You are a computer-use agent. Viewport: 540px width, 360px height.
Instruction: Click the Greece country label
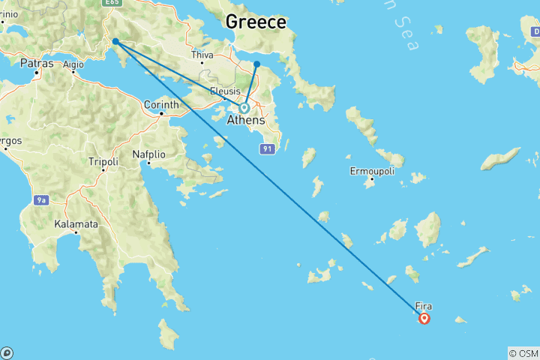(256, 22)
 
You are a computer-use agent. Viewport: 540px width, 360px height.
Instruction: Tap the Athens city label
(246, 121)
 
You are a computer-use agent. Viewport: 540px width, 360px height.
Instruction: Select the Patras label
(36, 64)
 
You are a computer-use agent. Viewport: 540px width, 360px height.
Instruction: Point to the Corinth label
(160, 104)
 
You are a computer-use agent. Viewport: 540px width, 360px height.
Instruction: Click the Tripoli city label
(103, 161)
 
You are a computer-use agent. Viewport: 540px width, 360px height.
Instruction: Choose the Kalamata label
(76, 223)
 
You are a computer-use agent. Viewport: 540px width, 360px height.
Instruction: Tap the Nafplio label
(148, 154)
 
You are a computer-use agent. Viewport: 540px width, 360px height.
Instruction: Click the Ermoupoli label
(372, 171)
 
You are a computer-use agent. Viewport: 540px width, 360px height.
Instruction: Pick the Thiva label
(202, 55)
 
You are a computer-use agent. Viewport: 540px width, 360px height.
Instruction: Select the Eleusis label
(225, 91)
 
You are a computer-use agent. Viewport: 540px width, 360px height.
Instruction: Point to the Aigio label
(73, 64)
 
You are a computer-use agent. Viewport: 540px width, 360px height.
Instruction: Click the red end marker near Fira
(424, 318)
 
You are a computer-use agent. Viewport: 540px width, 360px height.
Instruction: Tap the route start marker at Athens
(244, 108)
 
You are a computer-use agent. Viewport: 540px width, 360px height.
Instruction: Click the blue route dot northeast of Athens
(256, 64)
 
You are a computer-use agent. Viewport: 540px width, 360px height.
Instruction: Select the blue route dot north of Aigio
(115, 41)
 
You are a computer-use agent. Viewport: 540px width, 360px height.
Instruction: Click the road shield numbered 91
(267, 149)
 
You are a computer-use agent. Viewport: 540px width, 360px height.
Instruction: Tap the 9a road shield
(42, 199)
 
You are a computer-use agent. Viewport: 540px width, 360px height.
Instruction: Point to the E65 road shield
(112, 3)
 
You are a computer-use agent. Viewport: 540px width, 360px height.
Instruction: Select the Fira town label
(424, 306)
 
